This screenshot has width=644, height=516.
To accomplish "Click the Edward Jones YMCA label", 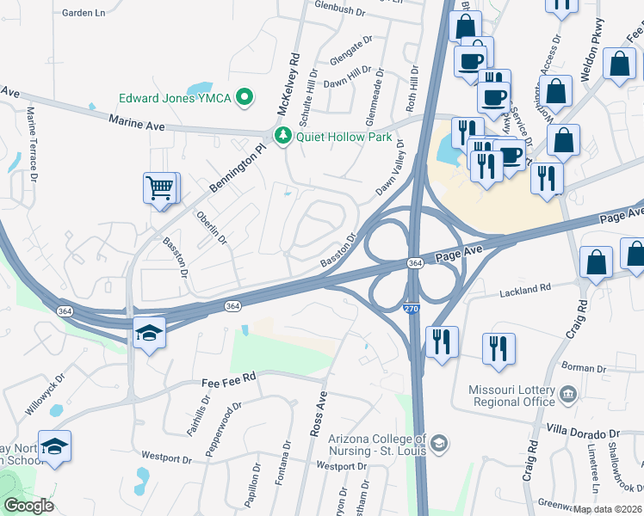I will (176, 98).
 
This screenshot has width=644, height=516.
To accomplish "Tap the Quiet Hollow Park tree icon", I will (282, 136).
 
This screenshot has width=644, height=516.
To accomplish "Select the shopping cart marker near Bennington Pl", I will (161, 187).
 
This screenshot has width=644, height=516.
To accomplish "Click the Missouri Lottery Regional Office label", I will (511, 396).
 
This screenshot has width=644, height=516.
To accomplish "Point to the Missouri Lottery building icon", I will (568, 395).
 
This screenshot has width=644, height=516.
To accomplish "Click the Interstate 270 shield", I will (412, 306).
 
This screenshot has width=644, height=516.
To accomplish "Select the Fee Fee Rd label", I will (230, 378).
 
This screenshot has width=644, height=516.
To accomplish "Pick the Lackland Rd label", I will (525, 292).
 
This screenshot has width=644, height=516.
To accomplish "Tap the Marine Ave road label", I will (136, 123).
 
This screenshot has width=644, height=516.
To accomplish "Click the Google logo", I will (28, 506).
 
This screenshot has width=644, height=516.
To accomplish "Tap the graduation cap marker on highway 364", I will (149, 332).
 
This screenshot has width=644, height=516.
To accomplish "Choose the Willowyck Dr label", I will (44, 395).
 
